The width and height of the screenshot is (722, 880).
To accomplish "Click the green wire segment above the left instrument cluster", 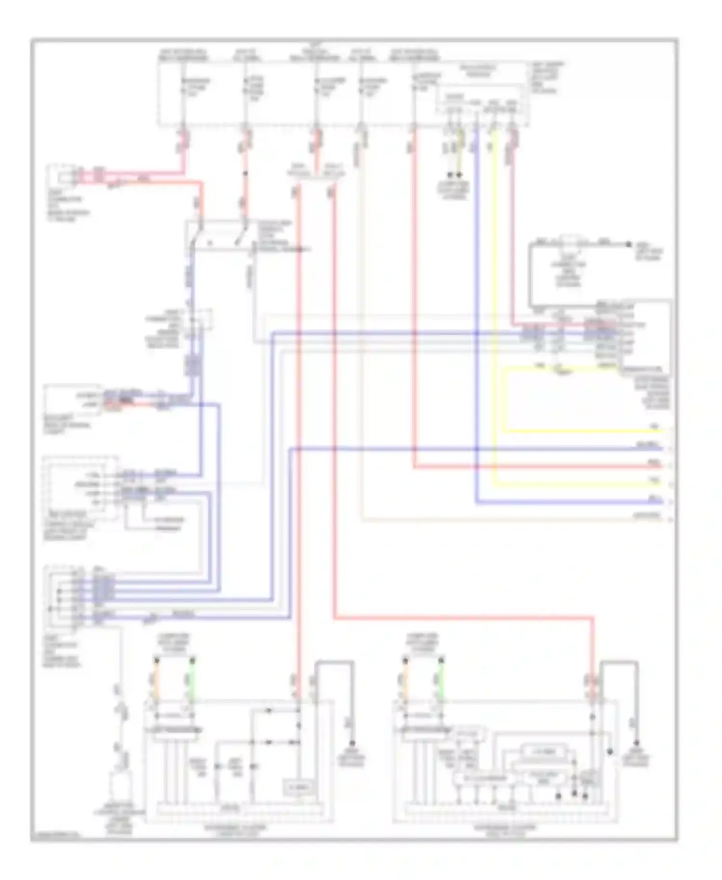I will pyautogui.click(x=192, y=679).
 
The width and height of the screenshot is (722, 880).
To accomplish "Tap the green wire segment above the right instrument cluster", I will pyautogui.click(x=440, y=679).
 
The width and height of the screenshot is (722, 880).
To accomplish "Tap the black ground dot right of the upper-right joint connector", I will pyautogui.click(x=628, y=245).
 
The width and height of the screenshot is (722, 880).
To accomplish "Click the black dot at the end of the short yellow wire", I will pyautogui.click(x=459, y=175).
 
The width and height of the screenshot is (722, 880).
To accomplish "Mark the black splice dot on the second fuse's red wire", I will pyautogui.click(x=245, y=173).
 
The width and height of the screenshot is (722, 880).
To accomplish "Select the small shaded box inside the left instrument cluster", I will pyautogui.click(x=299, y=787).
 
